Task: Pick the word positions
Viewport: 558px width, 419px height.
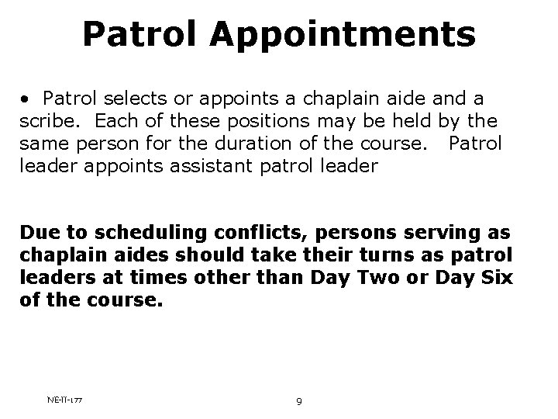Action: point(249,122)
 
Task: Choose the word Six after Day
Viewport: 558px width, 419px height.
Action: point(498,277)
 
